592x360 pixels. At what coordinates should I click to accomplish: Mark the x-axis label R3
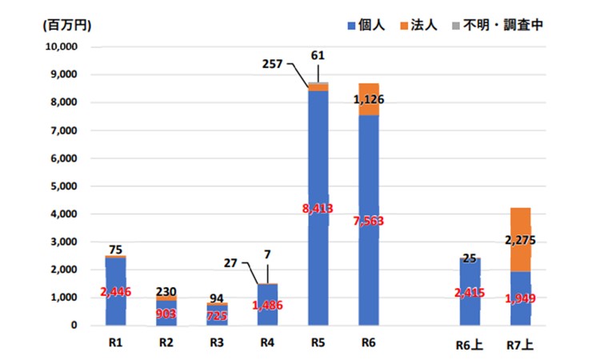(x=217, y=344)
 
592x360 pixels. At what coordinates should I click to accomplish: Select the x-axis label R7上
(x=521, y=345)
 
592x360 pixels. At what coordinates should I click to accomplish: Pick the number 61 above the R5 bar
(x=318, y=54)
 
